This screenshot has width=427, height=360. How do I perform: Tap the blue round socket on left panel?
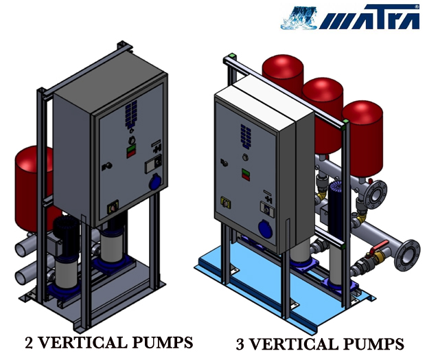(x=155, y=183)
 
